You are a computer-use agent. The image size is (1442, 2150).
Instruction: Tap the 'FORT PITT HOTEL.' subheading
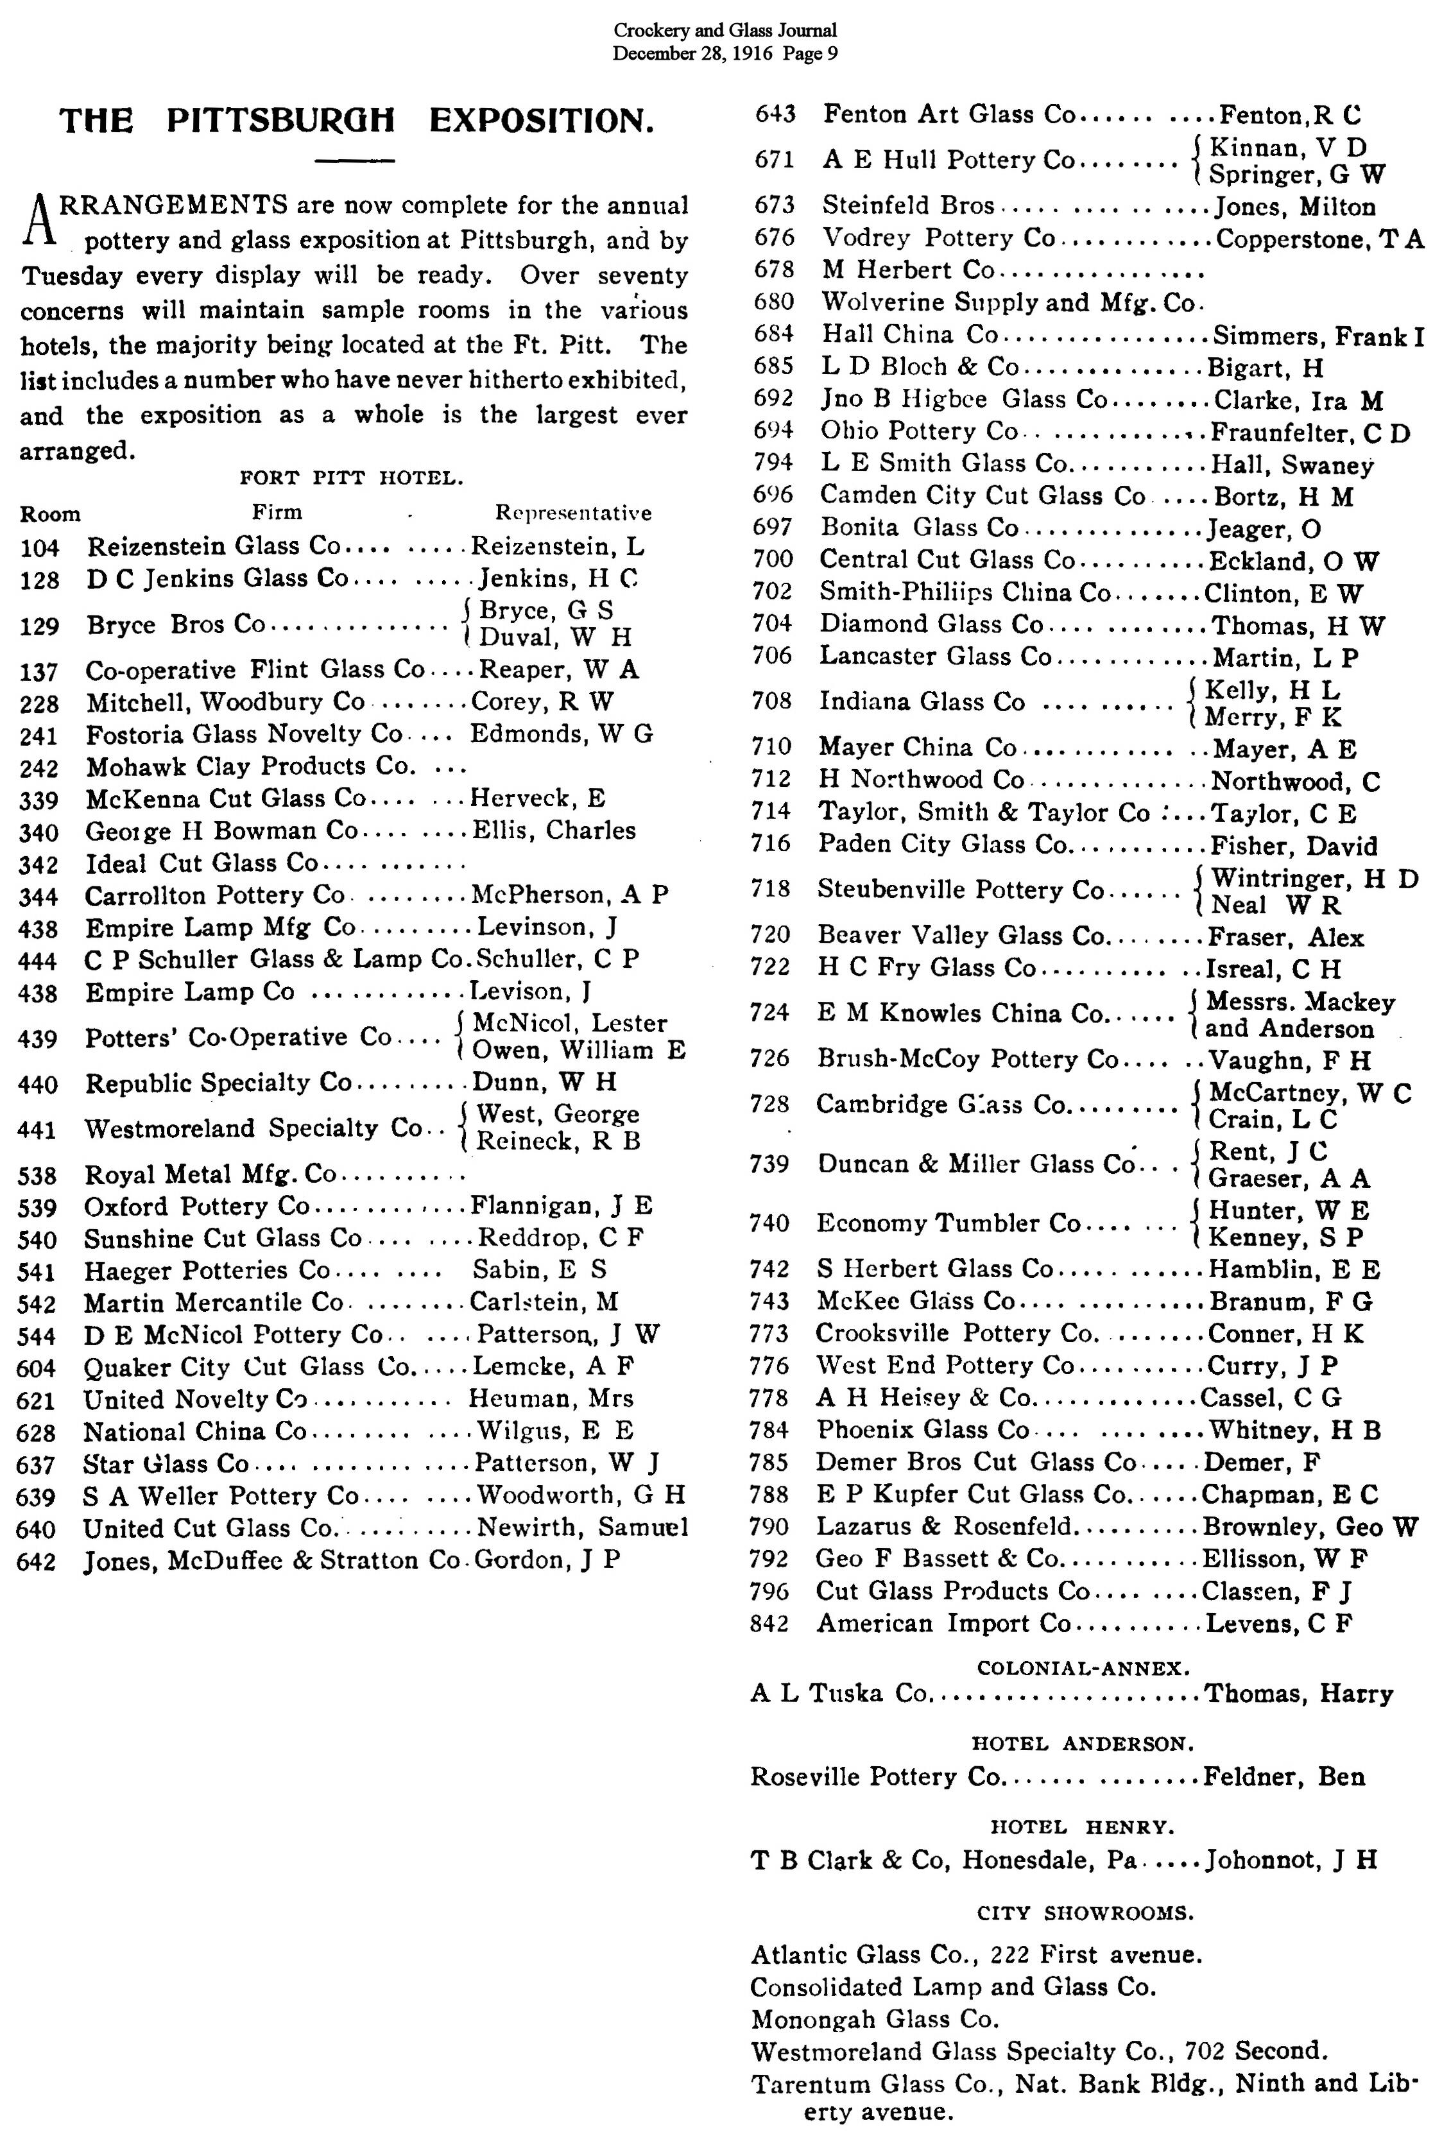[351, 478]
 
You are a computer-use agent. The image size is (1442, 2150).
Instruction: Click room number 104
[40, 548]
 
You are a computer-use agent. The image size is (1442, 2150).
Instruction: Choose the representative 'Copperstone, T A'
[1319, 239]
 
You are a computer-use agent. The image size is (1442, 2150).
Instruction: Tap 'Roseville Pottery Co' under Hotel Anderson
[875, 1776]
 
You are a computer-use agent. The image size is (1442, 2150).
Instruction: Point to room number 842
[769, 1623]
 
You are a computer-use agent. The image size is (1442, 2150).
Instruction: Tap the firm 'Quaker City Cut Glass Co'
[246, 1368]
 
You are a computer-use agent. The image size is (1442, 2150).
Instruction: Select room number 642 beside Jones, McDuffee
[37, 1561]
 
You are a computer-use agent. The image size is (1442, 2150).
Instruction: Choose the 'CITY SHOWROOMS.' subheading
[1085, 1913]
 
